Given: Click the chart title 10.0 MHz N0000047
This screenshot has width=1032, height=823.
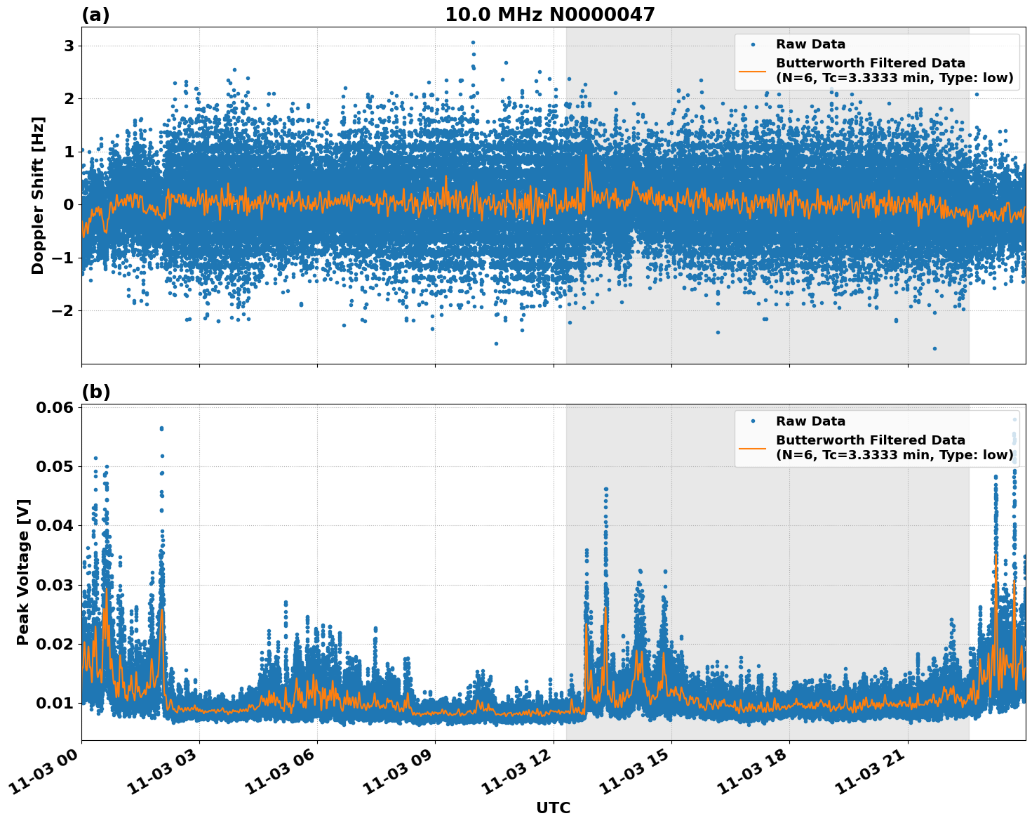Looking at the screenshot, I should tap(549, 15).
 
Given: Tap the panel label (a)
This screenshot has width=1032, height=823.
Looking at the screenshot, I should tap(95, 15).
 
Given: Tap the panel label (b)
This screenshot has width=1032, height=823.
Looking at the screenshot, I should tap(95, 392).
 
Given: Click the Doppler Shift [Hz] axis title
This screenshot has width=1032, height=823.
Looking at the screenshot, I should tap(38, 195).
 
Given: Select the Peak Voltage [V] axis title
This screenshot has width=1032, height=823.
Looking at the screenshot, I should tap(23, 572).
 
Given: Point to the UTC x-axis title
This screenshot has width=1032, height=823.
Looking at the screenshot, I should tap(553, 808).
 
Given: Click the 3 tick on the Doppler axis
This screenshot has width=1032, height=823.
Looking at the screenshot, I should tap(69, 46).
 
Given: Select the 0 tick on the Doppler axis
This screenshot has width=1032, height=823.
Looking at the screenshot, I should tap(69, 205).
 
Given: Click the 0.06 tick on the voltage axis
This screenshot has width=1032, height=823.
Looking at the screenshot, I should tap(57, 408).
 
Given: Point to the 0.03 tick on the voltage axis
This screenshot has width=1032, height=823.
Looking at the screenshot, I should tap(57, 585).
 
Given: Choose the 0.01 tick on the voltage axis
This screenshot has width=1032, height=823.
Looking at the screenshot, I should tap(57, 703).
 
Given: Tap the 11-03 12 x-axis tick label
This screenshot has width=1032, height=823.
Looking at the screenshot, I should tap(518, 775).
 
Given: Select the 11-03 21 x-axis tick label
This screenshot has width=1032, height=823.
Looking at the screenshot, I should tap(873, 775).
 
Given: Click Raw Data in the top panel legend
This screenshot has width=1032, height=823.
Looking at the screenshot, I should tap(810, 44).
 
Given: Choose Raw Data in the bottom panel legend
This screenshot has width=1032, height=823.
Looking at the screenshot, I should tap(810, 421).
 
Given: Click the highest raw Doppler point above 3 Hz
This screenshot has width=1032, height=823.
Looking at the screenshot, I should tap(473, 42).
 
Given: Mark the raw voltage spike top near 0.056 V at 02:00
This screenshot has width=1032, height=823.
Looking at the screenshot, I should tap(161, 428).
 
